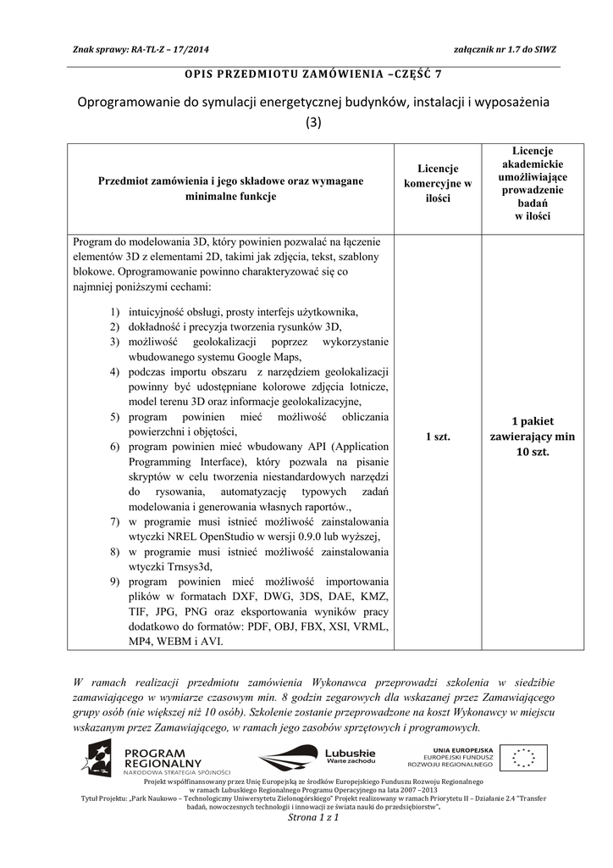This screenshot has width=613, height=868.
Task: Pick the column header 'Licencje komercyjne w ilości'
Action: pos(437,183)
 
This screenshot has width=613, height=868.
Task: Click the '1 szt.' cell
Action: pos(437,436)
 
